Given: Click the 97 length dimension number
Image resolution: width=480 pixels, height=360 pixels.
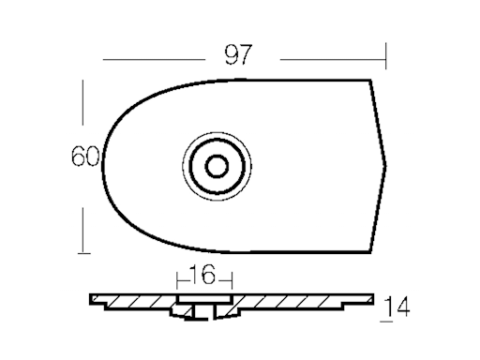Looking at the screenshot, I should point(238,54).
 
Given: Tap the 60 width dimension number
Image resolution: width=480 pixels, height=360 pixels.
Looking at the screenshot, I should point(85,157).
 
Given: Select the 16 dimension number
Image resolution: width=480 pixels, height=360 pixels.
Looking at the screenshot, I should point(202,275).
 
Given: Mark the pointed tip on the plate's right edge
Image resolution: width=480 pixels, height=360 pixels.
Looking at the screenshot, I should point(390,159).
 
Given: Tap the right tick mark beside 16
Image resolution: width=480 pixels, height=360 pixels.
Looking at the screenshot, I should point(228,278).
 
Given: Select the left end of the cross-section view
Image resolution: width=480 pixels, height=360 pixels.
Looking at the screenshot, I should point(92,304).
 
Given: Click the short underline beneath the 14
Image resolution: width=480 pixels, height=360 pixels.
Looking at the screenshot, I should point(387,319).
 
